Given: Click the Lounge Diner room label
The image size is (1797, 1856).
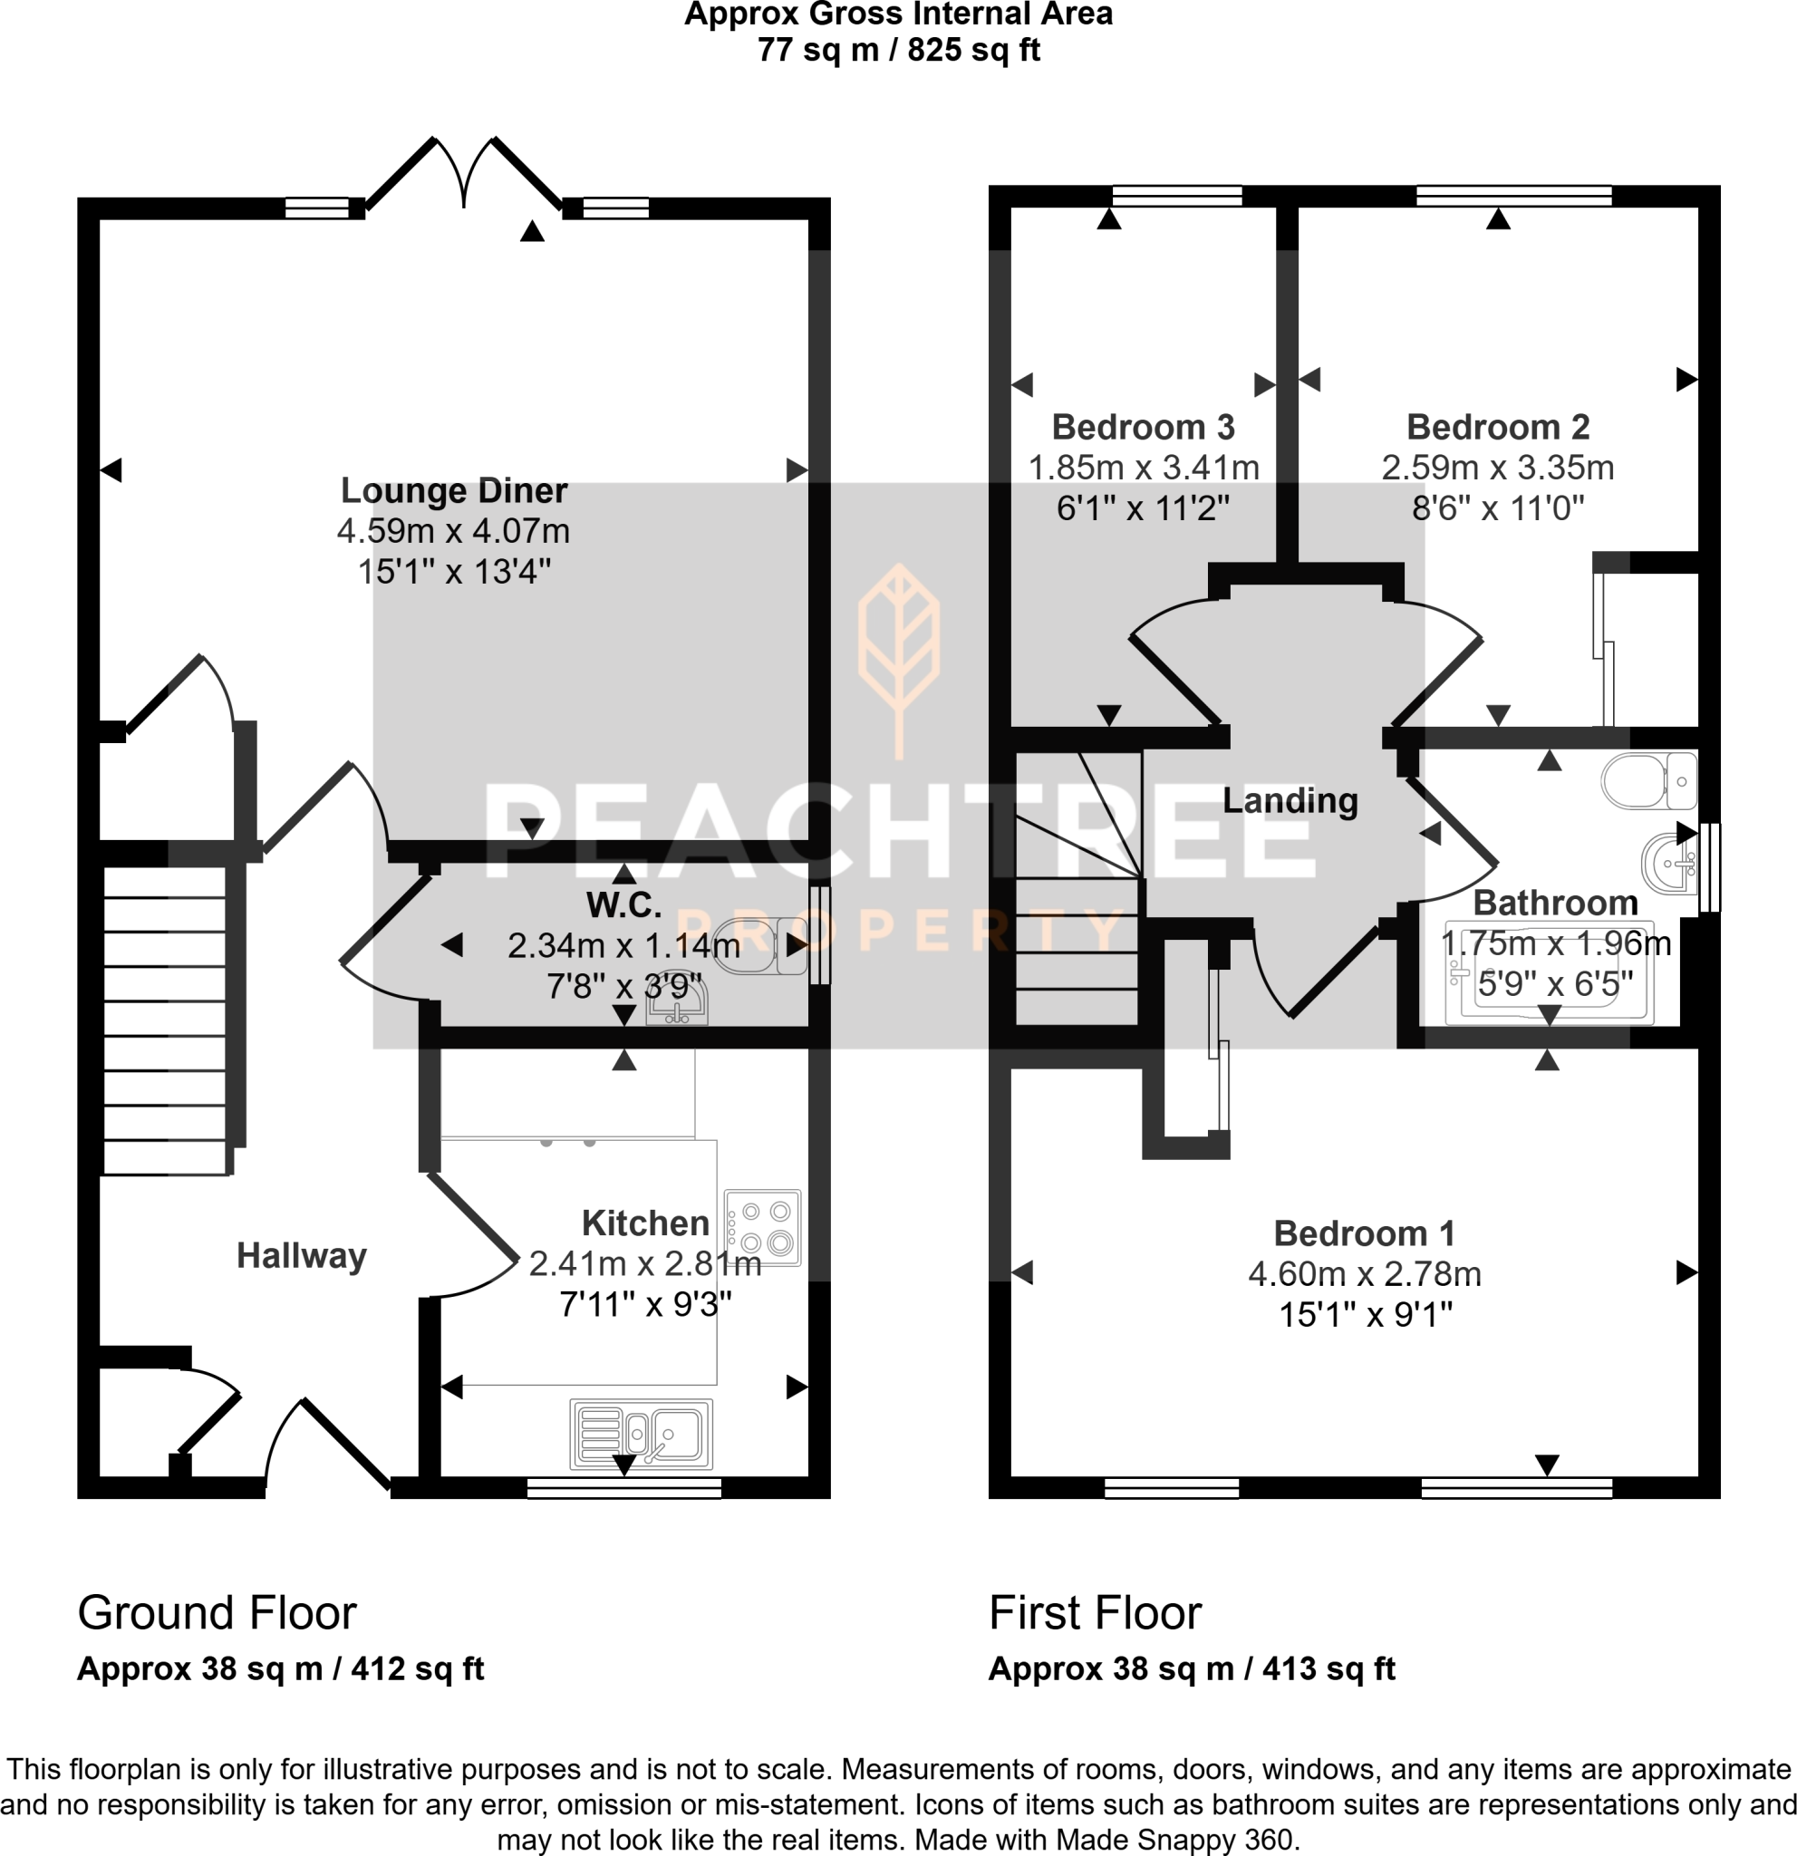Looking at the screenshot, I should tap(453, 490).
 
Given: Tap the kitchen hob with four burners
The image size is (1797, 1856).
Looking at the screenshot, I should tap(762, 1227).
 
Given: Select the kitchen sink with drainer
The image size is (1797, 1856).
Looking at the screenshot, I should tap(641, 1434).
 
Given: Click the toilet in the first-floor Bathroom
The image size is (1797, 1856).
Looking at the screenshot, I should tap(1647, 781).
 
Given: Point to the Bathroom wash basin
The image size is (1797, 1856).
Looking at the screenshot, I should tap(1668, 863).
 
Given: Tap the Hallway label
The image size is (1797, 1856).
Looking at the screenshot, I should tap(301, 1256).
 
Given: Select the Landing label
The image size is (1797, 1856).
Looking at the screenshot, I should tap(1290, 800).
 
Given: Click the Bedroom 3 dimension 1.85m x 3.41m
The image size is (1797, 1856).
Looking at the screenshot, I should tap(1143, 468).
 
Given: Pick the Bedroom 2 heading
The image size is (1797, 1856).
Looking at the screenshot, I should tap(1497, 427).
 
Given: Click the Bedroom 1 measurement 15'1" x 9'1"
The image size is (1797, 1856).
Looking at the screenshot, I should tap(1365, 1314).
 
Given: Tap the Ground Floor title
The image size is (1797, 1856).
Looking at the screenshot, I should tap(217, 1612).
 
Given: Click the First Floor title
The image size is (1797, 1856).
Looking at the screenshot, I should tap(1095, 1612).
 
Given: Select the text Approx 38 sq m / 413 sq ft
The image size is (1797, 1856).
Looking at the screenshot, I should tap(1191, 1668).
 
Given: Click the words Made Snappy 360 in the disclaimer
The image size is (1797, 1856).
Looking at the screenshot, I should tap(1174, 1840).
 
